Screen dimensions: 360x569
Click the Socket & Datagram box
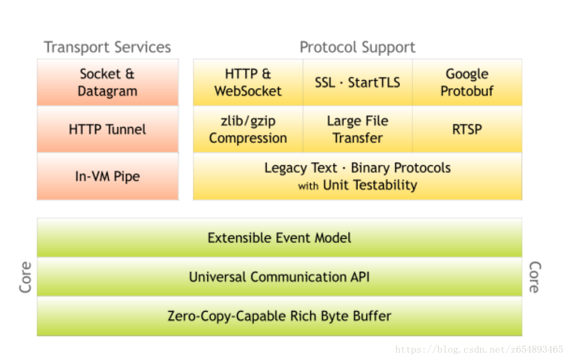pyautogui.click(x=108, y=82)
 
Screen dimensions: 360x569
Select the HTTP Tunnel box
pyautogui.click(x=108, y=129)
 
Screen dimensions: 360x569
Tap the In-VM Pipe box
pyautogui.click(x=108, y=176)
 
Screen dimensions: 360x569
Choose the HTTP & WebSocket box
pyautogui.click(x=248, y=82)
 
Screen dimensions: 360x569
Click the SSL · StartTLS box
pyautogui.click(x=357, y=82)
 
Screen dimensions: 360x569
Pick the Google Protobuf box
pyautogui.click(x=467, y=82)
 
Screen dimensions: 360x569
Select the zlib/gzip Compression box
pyautogui.click(x=248, y=129)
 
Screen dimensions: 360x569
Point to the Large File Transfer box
pyautogui.click(x=357, y=129)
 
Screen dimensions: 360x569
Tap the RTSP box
pyautogui.click(x=467, y=129)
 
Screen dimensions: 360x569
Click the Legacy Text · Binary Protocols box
pyautogui.click(x=357, y=176)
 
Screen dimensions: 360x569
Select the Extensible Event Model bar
pyautogui.click(x=279, y=237)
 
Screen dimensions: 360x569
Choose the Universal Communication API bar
pyautogui.click(x=279, y=277)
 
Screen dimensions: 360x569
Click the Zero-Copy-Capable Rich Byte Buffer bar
pyautogui.click(x=279, y=316)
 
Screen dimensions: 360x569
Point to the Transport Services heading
pyautogui.click(x=108, y=47)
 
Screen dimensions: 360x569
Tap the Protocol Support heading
pyautogui.click(x=357, y=47)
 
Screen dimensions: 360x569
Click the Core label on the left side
pyautogui.click(x=25, y=277)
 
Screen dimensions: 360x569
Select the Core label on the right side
pyautogui.click(x=534, y=277)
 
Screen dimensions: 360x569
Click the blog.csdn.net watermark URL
pyautogui.click(x=479, y=350)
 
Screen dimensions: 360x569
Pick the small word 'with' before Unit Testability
pyautogui.click(x=308, y=186)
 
